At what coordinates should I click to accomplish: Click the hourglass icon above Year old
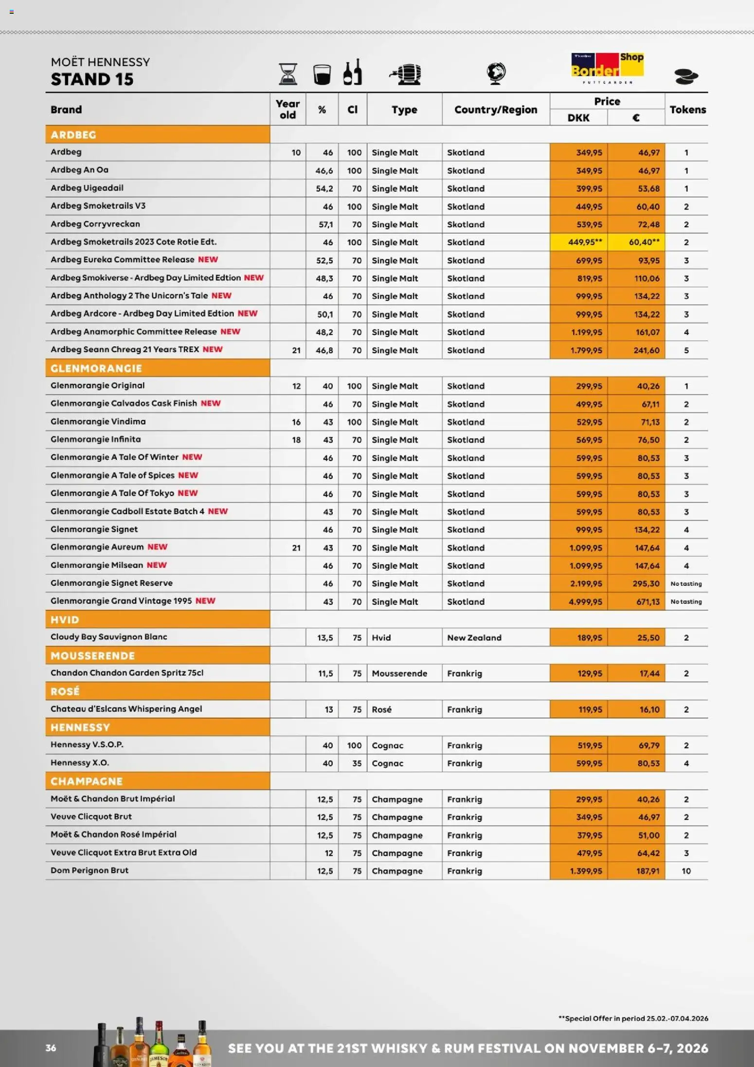[288, 74]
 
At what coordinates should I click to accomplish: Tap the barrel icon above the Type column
[405, 74]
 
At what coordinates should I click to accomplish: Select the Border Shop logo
[607, 68]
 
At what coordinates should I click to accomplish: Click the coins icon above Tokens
[686, 76]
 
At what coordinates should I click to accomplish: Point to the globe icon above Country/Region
[496, 73]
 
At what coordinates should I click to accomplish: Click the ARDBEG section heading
[73, 135]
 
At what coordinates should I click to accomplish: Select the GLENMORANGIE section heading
[96, 368]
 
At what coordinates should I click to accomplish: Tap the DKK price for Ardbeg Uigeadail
[589, 188]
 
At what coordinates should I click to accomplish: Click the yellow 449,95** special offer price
[585, 242]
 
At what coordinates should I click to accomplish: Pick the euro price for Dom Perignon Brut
[647, 871]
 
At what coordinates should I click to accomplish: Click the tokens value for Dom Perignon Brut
[686, 871]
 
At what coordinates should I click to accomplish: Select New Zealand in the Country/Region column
[474, 637]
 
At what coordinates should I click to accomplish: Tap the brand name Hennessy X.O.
[80, 763]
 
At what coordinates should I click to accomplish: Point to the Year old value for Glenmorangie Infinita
[296, 440]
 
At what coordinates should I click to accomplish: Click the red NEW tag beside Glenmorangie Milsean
[157, 565]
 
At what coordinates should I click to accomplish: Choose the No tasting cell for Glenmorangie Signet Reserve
[686, 583]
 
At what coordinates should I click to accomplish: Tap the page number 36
[51, 1048]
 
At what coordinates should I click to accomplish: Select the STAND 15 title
[92, 79]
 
